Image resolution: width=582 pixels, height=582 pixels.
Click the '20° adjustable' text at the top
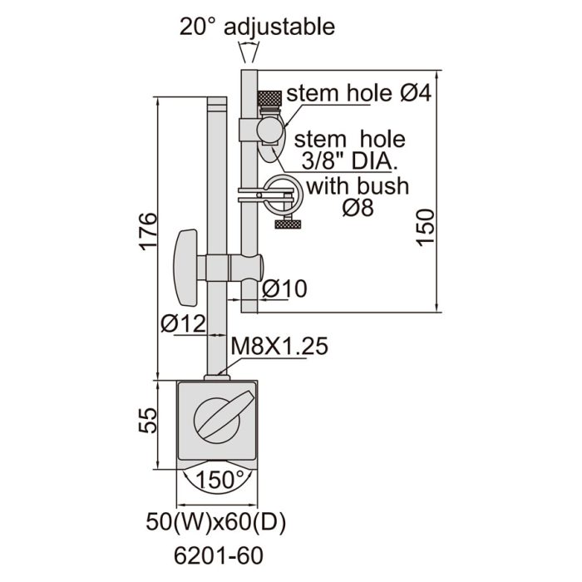pyautogui.click(x=257, y=27)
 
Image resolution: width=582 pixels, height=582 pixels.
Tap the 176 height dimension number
pyautogui.click(x=149, y=231)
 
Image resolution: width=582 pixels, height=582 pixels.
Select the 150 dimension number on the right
pyautogui.click(x=426, y=227)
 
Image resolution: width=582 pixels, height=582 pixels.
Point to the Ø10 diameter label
pyautogui.click(x=284, y=289)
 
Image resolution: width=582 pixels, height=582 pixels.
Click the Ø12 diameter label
pyautogui.click(x=183, y=323)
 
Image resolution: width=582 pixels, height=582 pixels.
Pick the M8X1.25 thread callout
pyautogui.click(x=279, y=346)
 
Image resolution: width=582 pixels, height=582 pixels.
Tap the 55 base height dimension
pyautogui.click(x=148, y=420)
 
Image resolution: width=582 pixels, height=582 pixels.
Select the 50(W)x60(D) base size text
pyautogui.click(x=216, y=521)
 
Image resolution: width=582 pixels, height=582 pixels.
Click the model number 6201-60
pyautogui.click(x=219, y=555)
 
